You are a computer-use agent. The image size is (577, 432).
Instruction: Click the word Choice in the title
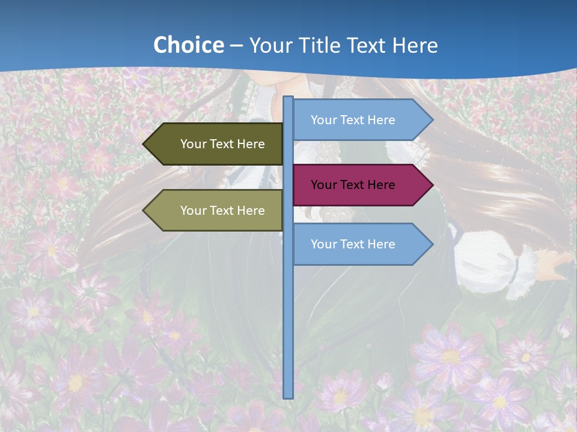[188, 46]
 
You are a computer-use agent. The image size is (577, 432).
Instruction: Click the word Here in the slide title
[415, 46]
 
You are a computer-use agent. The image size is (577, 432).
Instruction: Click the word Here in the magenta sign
[381, 185]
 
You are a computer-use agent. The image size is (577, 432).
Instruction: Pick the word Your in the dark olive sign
[193, 144]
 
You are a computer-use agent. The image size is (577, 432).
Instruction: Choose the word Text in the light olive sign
[222, 211]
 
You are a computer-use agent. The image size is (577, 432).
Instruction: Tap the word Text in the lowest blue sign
[352, 244]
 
